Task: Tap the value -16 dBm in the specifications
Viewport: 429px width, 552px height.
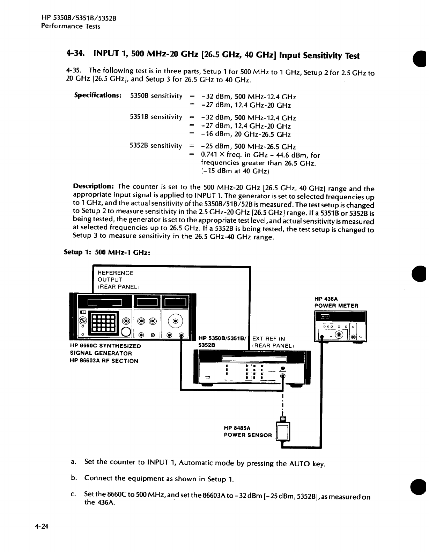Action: tap(214, 135)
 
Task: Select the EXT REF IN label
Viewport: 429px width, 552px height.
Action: tap(268, 338)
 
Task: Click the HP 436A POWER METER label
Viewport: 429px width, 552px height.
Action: tap(336, 302)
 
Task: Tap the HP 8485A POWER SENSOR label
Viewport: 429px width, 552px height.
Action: tap(247, 431)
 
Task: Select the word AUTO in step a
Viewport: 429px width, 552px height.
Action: tap(299, 463)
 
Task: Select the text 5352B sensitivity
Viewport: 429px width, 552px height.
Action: tap(156, 145)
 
